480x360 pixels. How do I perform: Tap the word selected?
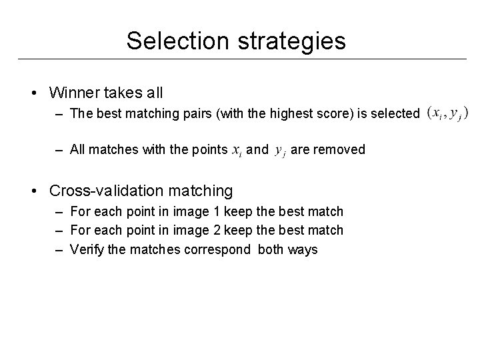click(x=398, y=113)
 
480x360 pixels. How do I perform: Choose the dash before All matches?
click(x=59, y=150)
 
